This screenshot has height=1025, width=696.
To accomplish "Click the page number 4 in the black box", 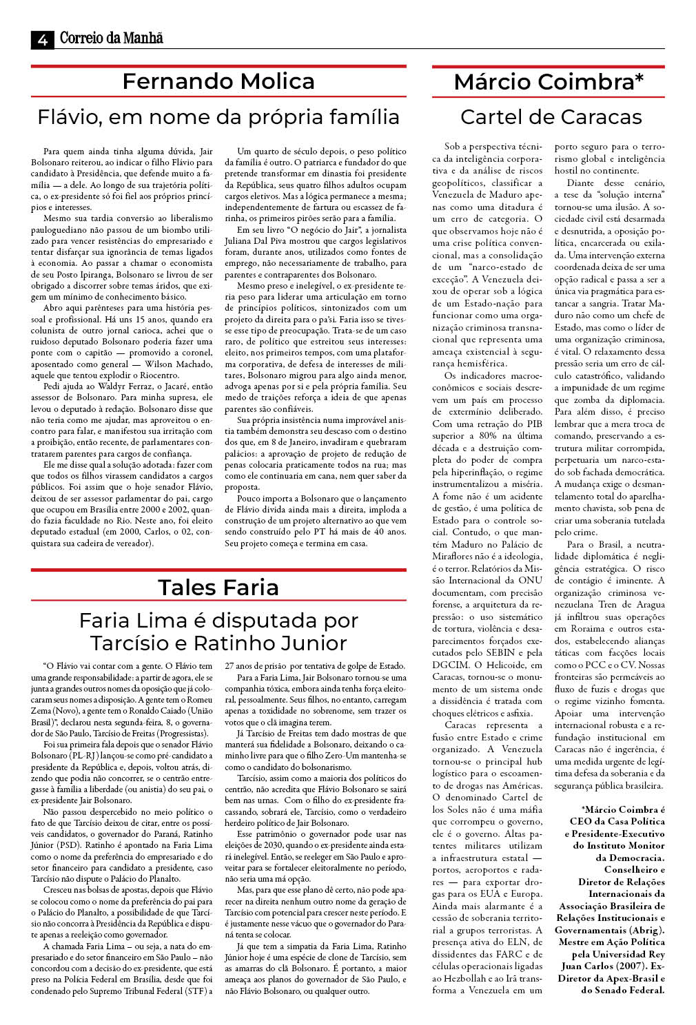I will pos(42,40).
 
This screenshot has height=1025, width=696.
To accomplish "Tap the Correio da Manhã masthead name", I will pos(111,39).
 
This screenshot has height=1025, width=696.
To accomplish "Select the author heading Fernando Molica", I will pos(218,81).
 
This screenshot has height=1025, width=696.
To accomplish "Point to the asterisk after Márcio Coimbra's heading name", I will pos(639,80).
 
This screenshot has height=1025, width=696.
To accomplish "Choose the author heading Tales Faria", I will pos(218,587).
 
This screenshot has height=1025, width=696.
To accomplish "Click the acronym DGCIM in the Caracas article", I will pos(449,665).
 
